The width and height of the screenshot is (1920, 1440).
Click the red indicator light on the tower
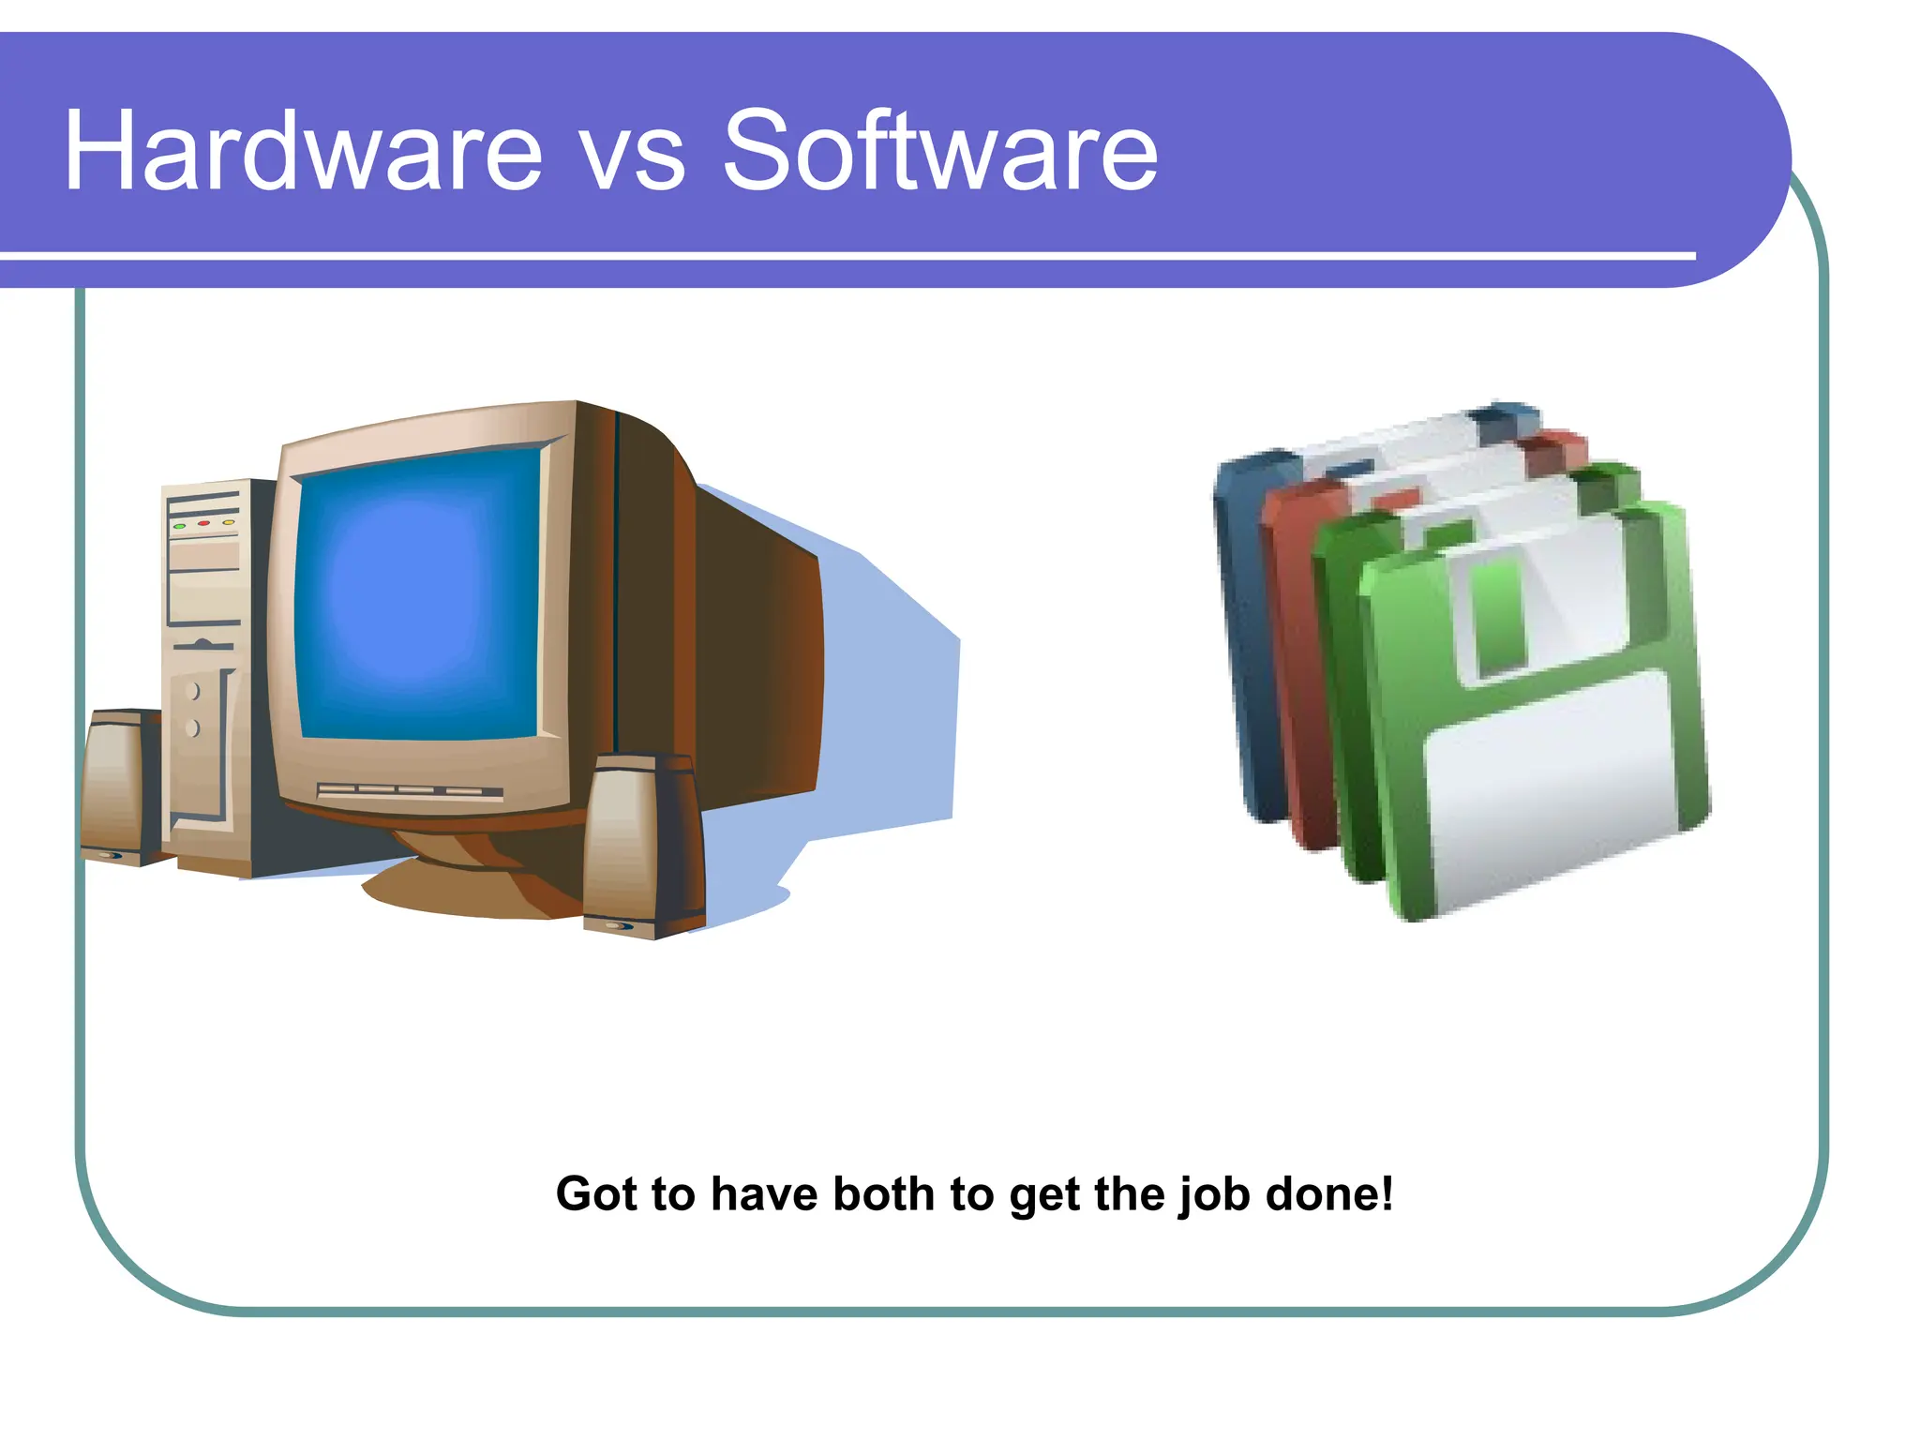(x=202, y=523)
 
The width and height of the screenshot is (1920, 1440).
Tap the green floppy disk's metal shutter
(x=1537, y=600)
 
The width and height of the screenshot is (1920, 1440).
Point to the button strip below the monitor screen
(x=410, y=792)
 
